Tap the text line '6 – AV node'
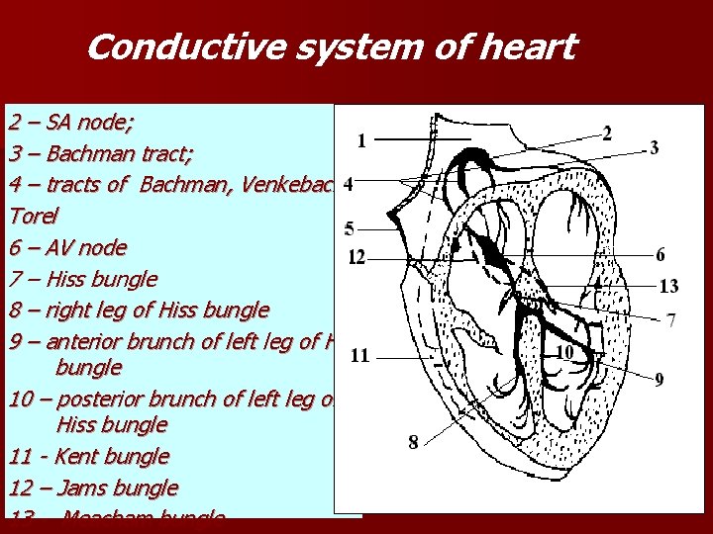pyautogui.click(x=67, y=247)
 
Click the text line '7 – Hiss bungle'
pyautogui.click(x=83, y=279)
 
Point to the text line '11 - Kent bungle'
pyautogui.click(x=89, y=457)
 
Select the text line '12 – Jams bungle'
pyautogui.click(x=93, y=488)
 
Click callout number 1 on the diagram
pyautogui.click(x=360, y=140)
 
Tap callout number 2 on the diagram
pyautogui.click(x=606, y=133)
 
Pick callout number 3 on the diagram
pyautogui.click(x=655, y=147)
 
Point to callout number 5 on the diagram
pyautogui.click(x=350, y=228)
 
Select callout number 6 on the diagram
pyautogui.click(x=661, y=254)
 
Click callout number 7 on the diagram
pyautogui.click(x=670, y=320)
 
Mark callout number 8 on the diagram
pyautogui.click(x=413, y=441)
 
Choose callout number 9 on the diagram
pyautogui.click(x=660, y=380)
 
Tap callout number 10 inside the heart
pyautogui.click(x=565, y=351)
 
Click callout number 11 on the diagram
pyautogui.click(x=360, y=355)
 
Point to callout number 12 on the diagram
pyautogui.click(x=356, y=258)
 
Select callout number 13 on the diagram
pyautogui.click(x=668, y=286)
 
